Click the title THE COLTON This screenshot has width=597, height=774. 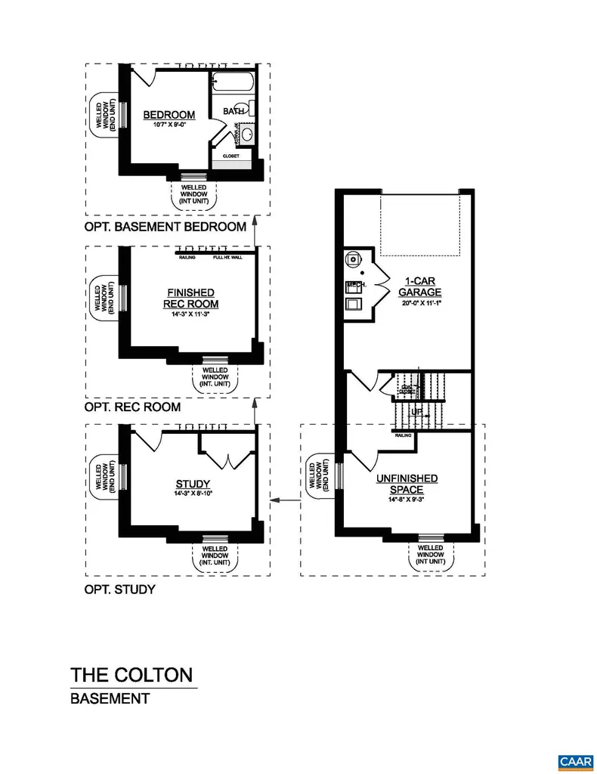click(x=131, y=675)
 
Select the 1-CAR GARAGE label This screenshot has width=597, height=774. click(x=419, y=287)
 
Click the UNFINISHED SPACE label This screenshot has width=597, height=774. click(x=407, y=484)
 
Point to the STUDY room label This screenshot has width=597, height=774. click(x=193, y=485)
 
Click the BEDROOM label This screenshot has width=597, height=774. click(x=169, y=115)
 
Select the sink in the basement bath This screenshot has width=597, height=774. click(x=247, y=136)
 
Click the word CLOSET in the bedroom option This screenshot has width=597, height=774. click(x=230, y=156)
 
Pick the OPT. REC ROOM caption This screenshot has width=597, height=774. click(x=132, y=407)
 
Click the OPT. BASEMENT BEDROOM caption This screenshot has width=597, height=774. click(x=165, y=226)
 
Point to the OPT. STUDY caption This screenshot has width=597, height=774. click(x=120, y=589)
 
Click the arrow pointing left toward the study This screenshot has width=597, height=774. click(x=283, y=500)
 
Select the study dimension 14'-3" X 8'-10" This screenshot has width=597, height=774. click(x=193, y=495)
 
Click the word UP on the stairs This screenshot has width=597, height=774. click(x=417, y=411)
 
